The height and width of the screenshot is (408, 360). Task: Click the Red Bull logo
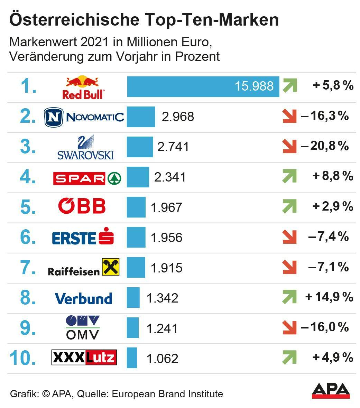pyautogui.click(x=83, y=87)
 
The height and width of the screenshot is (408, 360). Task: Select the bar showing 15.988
pyautogui.click(x=203, y=86)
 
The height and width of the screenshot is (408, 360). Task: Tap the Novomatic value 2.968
pyautogui.click(x=178, y=117)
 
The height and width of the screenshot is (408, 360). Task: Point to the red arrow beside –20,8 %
pyautogui.click(x=289, y=146)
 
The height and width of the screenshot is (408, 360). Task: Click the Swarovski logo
pyautogui.click(x=85, y=148)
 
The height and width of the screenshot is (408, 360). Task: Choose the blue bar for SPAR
pyautogui.click(x=138, y=177)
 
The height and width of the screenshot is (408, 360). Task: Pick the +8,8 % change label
pyautogui.click(x=333, y=176)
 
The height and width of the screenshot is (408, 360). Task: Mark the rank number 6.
pyautogui.click(x=28, y=237)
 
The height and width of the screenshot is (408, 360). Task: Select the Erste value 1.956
pyautogui.click(x=166, y=238)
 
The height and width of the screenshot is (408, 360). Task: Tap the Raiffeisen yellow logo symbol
pyautogui.click(x=111, y=267)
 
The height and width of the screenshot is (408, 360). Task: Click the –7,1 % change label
pyautogui.click(x=328, y=267)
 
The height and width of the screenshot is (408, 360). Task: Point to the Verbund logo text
pyautogui.click(x=83, y=298)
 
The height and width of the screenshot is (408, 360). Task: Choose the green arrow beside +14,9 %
pyautogui.click(x=289, y=297)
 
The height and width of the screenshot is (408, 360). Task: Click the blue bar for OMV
pyautogui.click(x=132, y=328)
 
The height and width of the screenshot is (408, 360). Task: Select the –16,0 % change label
pyautogui.click(x=325, y=327)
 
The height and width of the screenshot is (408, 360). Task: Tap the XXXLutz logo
pyautogui.click(x=84, y=358)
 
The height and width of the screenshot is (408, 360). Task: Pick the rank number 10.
pyautogui.click(x=23, y=358)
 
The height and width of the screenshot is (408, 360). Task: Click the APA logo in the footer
pyautogui.click(x=331, y=391)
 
